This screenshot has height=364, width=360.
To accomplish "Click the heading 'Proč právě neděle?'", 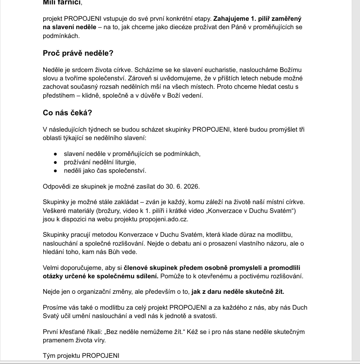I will coord(78,53).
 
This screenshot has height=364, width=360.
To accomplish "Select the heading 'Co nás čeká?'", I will coord(67,113).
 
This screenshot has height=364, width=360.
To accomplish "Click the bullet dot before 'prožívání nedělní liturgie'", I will coord(55,163).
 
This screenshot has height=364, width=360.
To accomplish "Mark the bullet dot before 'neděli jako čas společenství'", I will coord(55,171).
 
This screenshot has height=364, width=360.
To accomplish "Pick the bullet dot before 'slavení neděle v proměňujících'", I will coord(55,154).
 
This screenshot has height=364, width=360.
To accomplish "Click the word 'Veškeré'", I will coord(56,211).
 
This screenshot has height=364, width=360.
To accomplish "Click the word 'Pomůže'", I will coord(172,277).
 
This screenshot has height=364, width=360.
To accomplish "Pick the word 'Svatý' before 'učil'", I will coord(52,316).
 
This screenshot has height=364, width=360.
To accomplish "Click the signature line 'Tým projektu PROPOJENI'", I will coord(81,355).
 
